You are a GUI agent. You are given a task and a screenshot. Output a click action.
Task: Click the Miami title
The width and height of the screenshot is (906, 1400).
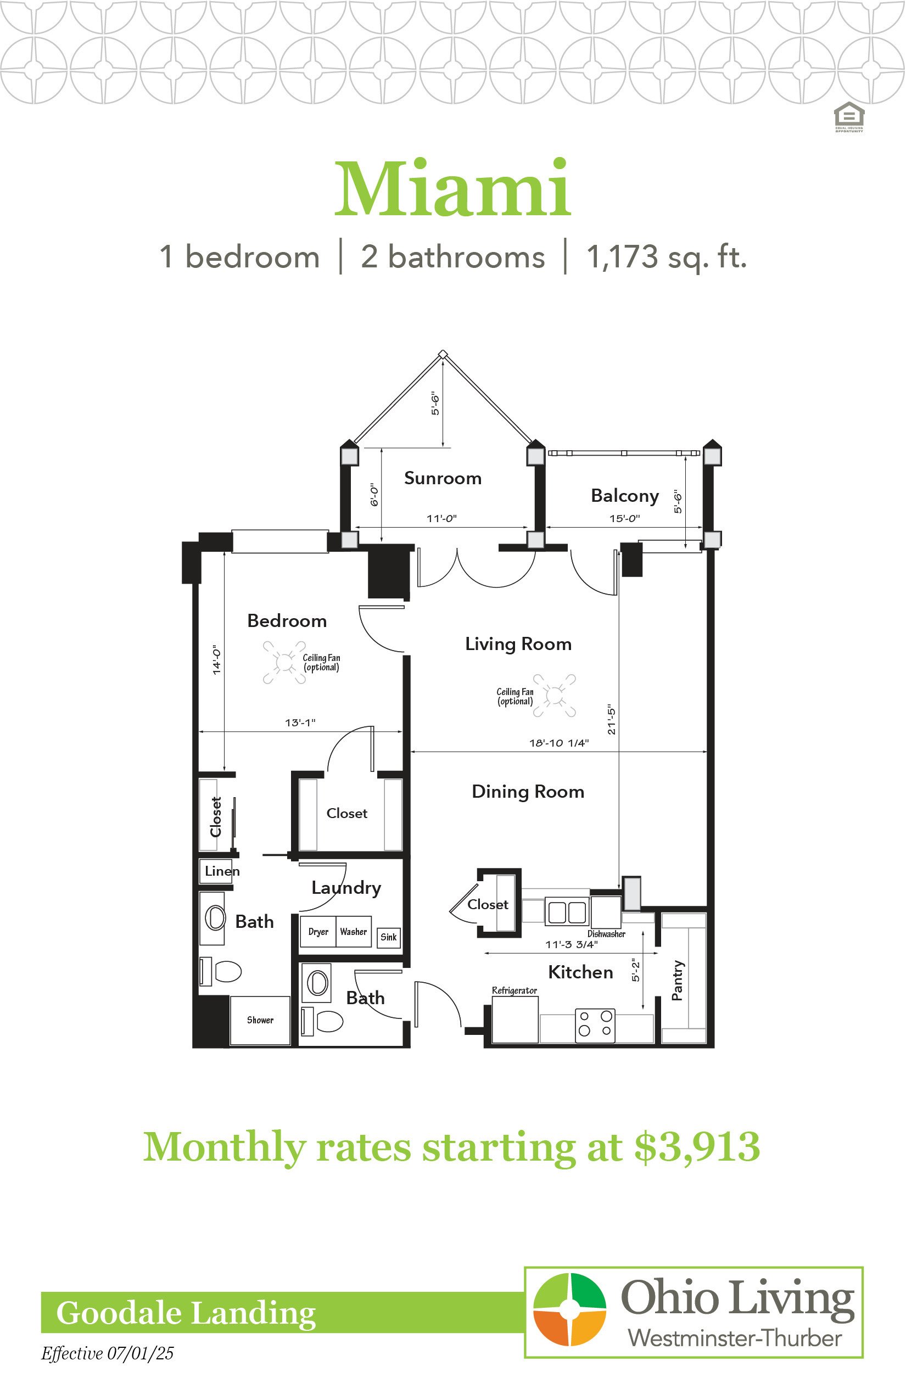click(x=453, y=188)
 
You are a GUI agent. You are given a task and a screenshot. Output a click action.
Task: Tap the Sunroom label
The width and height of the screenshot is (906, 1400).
click(x=443, y=478)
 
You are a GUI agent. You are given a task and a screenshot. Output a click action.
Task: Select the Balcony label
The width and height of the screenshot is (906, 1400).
click(x=625, y=496)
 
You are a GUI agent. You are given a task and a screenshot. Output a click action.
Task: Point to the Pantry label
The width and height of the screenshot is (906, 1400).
click(x=678, y=981)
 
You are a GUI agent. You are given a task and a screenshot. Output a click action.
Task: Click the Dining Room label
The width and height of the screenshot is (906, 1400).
click(x=528, y=792)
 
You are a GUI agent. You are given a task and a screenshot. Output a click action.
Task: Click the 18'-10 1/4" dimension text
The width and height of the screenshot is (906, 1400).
click(x=559, y=743)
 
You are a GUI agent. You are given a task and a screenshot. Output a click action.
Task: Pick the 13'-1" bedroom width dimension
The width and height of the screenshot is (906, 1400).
click(x=300, y=723)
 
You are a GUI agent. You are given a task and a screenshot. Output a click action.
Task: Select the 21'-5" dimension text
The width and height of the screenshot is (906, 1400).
click(x=612, y=719)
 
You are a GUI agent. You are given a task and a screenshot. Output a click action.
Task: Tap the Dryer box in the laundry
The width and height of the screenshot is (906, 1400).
click(x=318, y=932)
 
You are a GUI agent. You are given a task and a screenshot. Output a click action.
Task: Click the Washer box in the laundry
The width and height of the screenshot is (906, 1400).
click(x=354, y=932)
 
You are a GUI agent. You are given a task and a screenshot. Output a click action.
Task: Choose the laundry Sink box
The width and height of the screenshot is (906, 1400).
click(x=388, y=937)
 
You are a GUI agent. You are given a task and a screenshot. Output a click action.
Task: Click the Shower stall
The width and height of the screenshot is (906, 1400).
click(x=260, y=1021)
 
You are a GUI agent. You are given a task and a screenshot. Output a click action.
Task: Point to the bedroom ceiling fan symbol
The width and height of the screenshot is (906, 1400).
click(x=284, y=662)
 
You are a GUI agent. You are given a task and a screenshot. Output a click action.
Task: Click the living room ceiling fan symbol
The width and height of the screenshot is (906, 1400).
click(x=555, y=695)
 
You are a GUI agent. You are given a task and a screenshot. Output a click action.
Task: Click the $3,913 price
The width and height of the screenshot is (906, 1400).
click(x=697, y=1146)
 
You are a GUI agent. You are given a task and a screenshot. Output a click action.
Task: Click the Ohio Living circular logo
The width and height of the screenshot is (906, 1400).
click(x=569, y=1309)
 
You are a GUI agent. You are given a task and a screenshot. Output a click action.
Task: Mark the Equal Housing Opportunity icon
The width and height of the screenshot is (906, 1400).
click(x=849, y=116)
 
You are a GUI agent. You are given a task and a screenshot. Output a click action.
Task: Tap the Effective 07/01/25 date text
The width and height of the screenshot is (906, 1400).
click(x=108, y=1353)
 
